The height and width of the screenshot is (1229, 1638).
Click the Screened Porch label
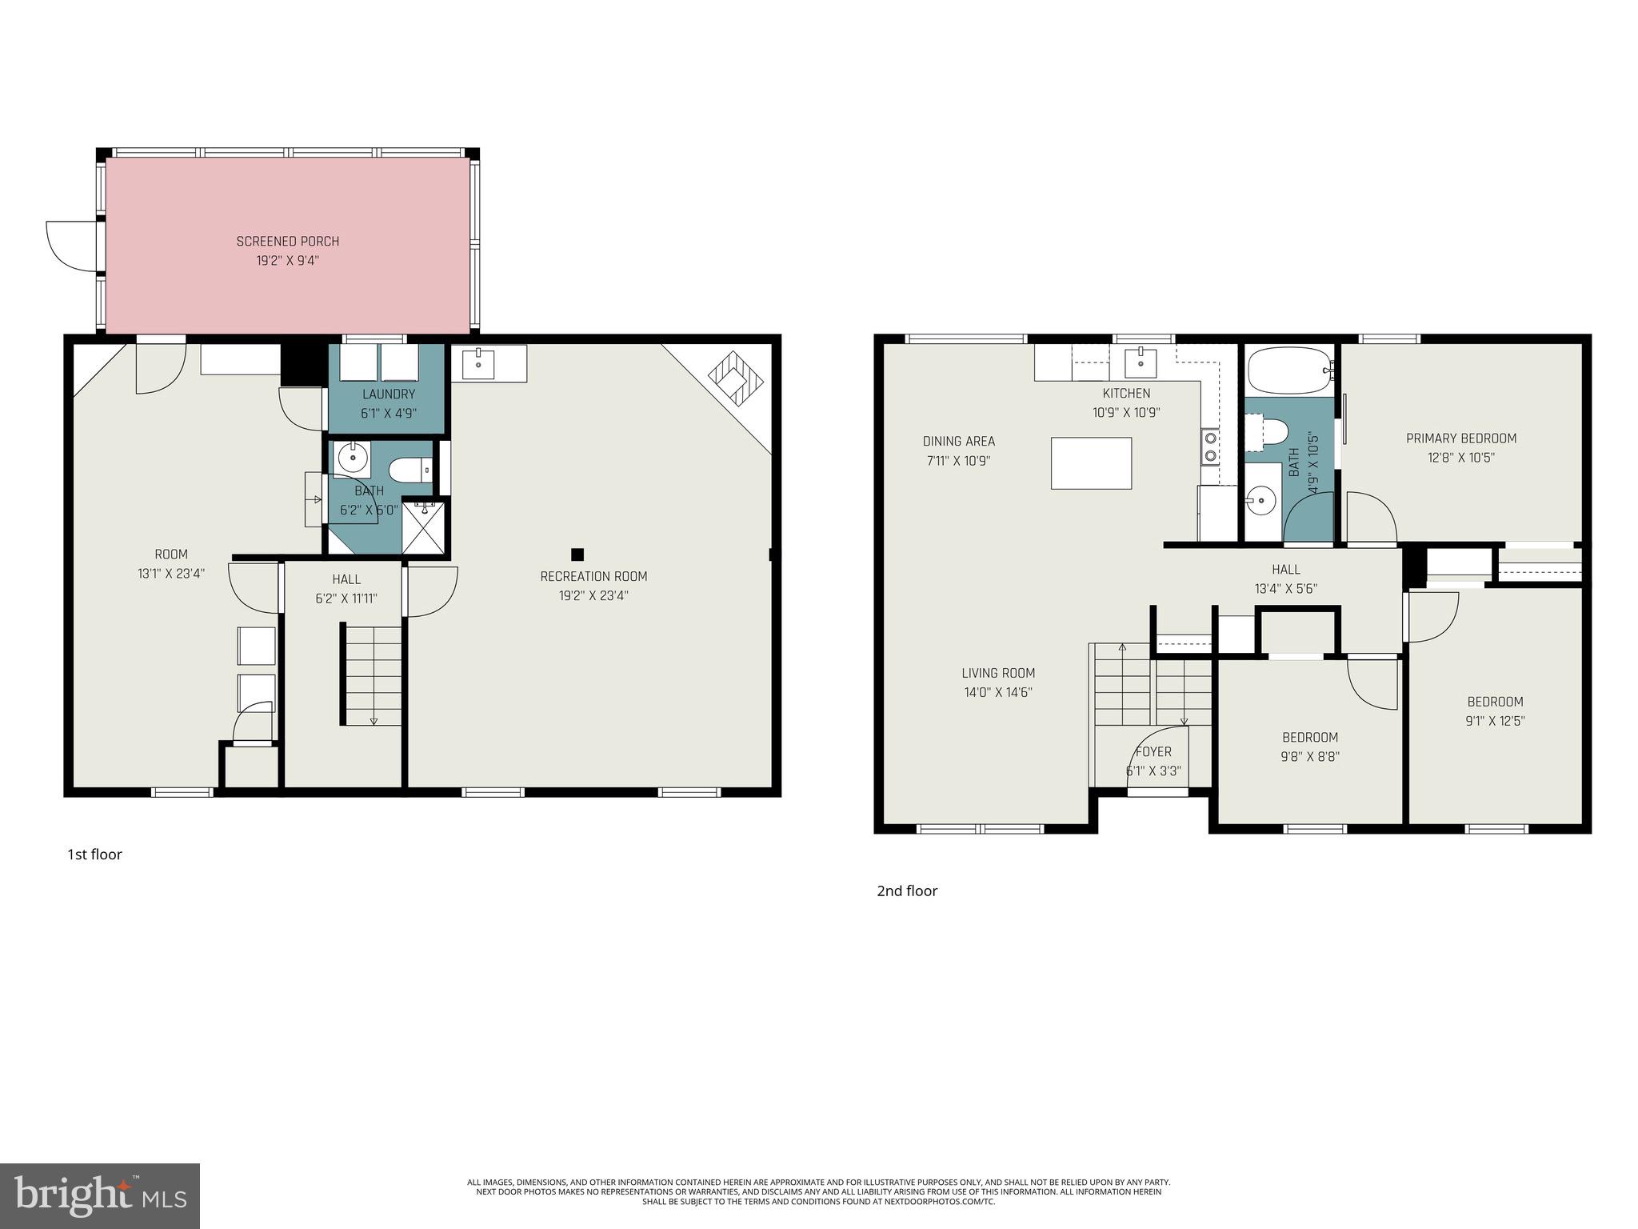click(287, 241)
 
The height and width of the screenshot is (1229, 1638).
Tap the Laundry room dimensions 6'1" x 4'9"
click(389, 414)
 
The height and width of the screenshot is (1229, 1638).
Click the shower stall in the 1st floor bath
click(424, 527)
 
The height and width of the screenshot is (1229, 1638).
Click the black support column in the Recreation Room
click(577, 554)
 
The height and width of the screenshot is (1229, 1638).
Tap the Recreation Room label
click(593, 576)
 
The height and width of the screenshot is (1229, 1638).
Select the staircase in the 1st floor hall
click(374, 675)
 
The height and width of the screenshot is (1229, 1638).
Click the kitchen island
click(1091, 462)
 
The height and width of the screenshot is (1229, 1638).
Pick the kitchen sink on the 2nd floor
click(1140, 363)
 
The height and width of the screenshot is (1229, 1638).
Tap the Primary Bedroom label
click(1461, 438)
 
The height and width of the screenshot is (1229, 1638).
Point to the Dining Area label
click(958, 441)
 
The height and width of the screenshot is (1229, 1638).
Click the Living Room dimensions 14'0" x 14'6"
click(998, 693)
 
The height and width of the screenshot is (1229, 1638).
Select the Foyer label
click(1153, 752)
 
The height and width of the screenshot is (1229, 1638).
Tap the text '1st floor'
click(94, 855)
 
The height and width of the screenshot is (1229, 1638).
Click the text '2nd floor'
click(907, 891)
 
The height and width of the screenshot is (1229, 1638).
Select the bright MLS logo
click(100, 1195)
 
